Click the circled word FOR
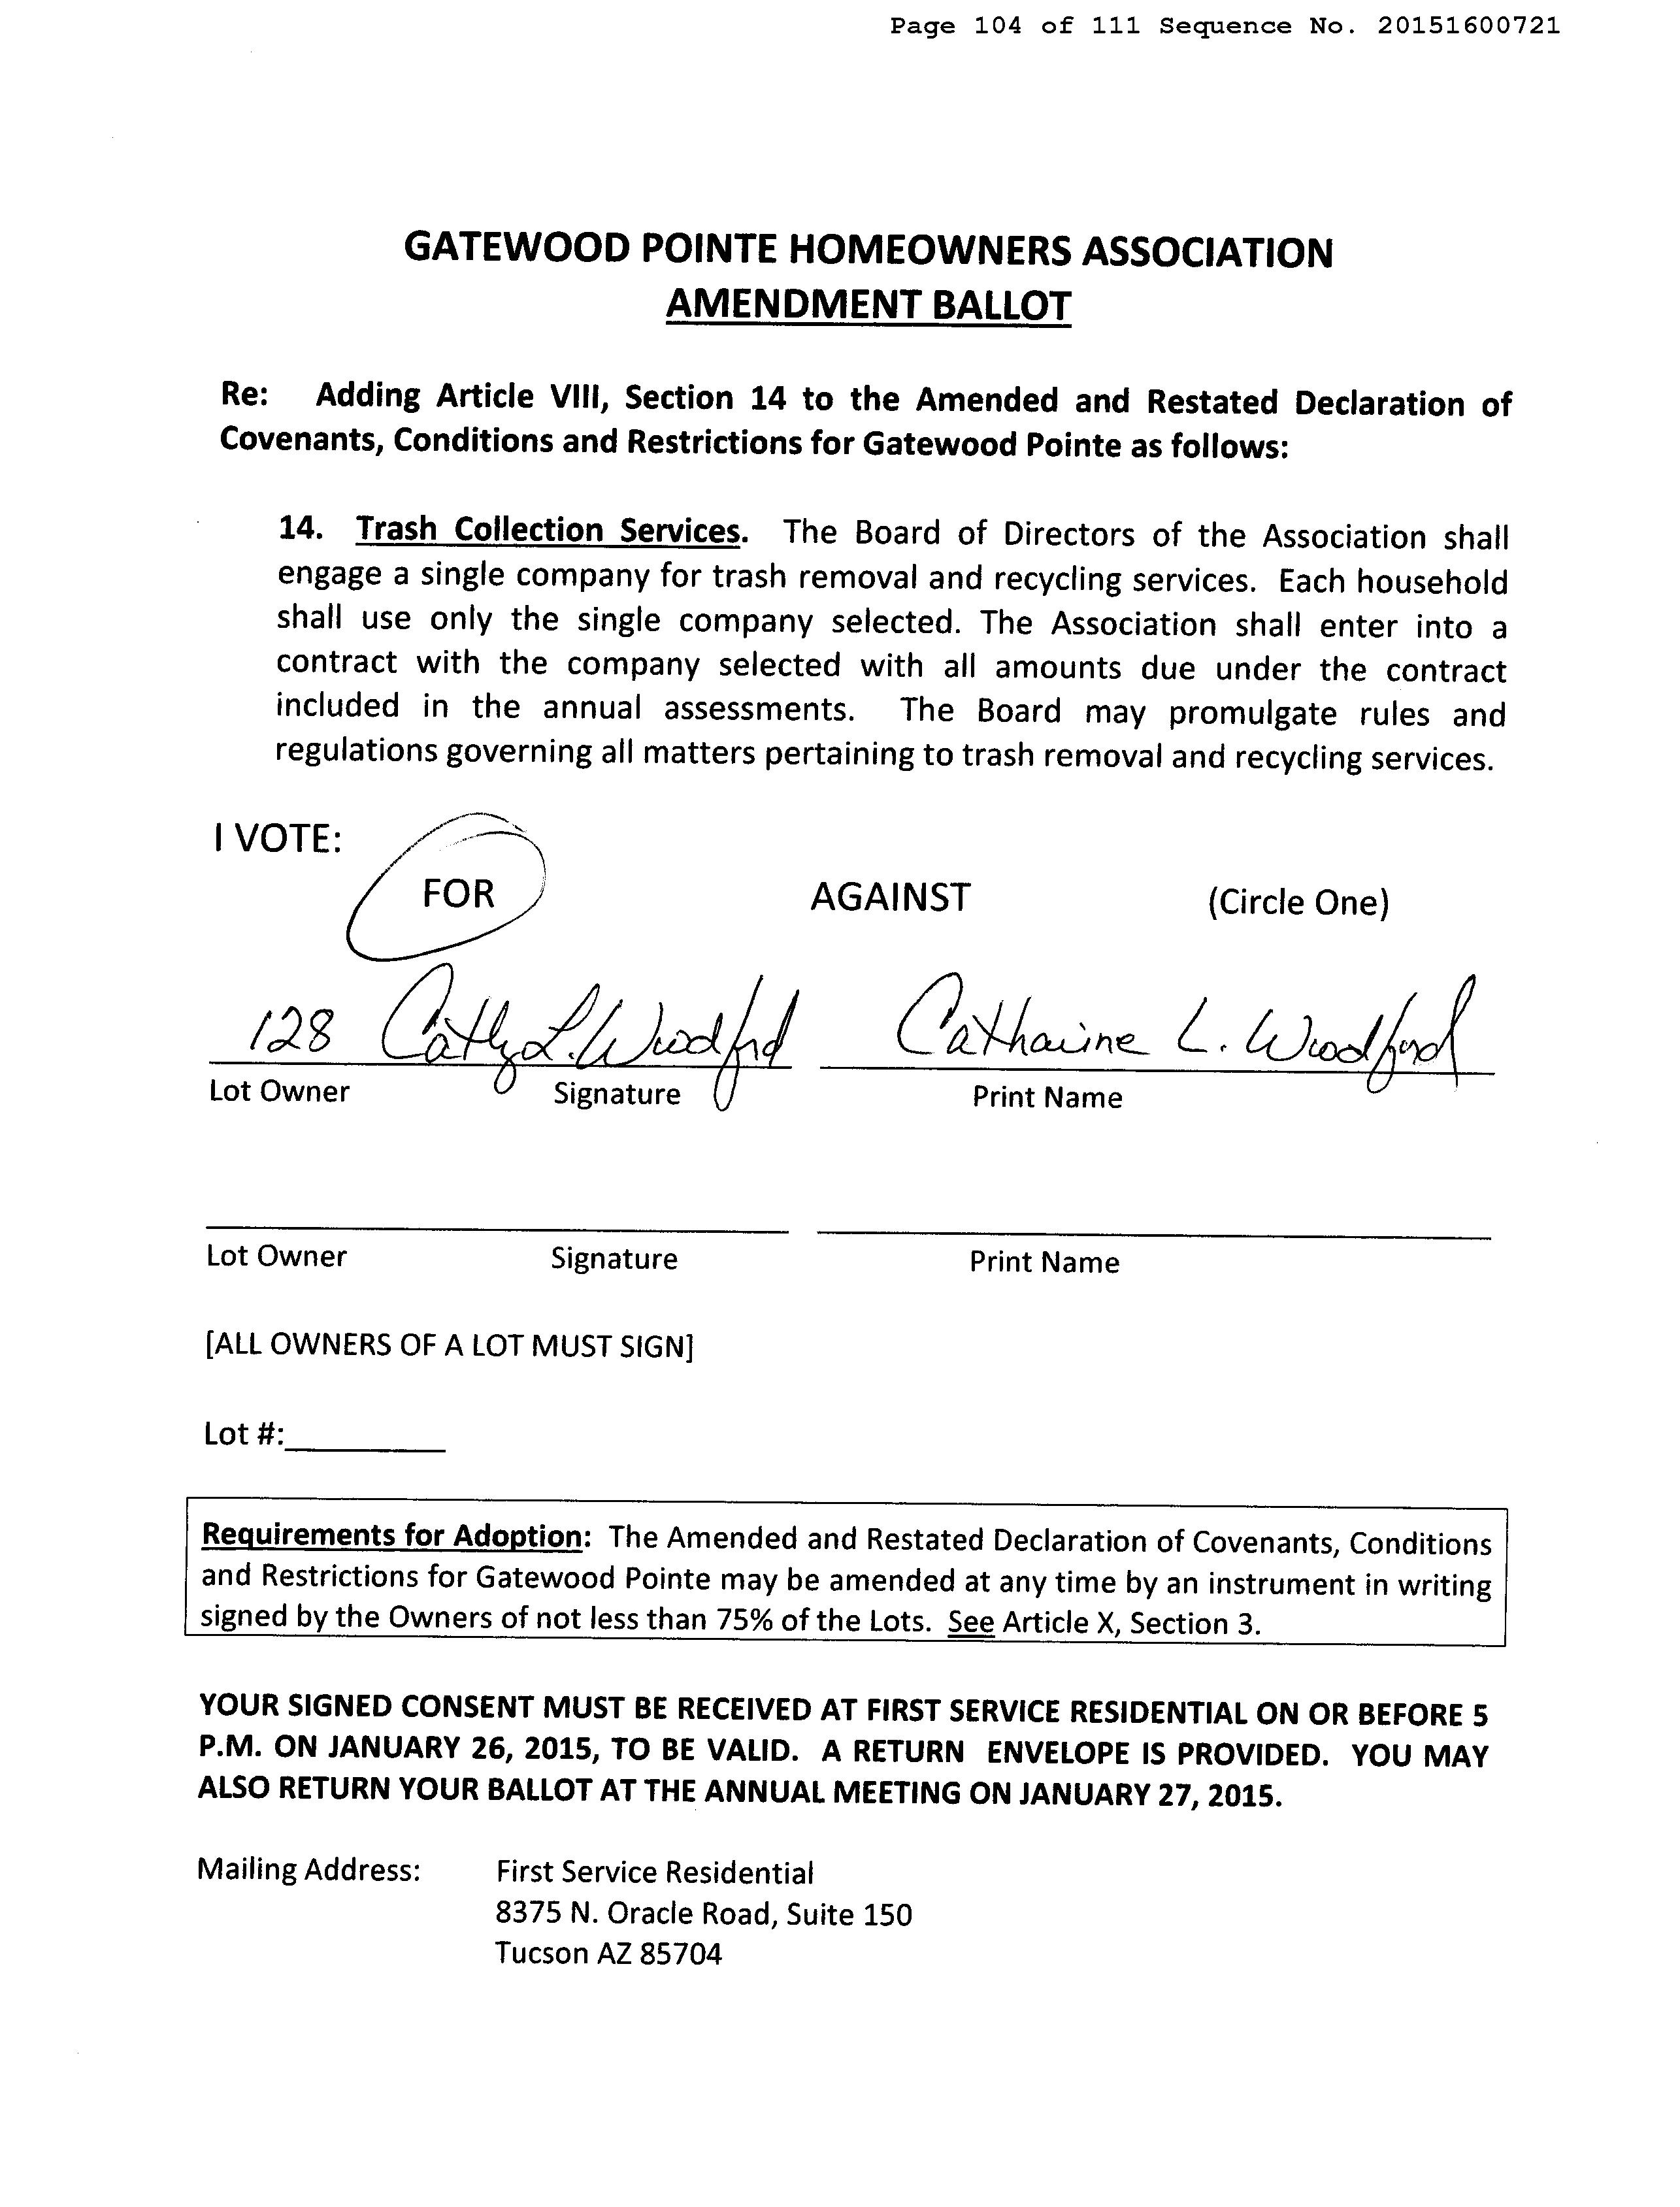click(x=458, y=893)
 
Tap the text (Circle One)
click(x=1298, y=902)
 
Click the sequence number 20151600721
click(x=1467, y=26)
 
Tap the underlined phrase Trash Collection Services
click(x=550, y=530)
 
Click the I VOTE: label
click(x=277, y=839)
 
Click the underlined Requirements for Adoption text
click(x=391, y=1534)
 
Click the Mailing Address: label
click(x=308, y=1869)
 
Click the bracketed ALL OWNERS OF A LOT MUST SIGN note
click(x=449, y=1346)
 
